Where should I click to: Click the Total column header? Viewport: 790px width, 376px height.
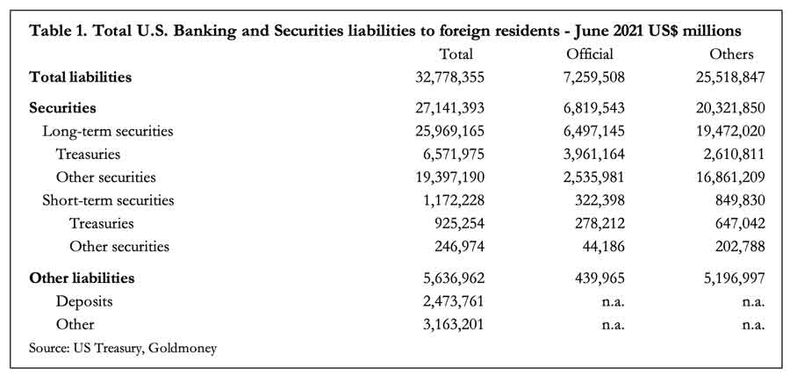[x=456, y=54]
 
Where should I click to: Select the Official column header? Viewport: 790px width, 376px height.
[x=590, y=54]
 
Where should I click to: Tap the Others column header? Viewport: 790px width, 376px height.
[x=731, y=54]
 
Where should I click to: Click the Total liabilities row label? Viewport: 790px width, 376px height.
[x=81, y=77]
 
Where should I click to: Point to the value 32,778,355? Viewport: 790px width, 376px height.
[x=450, y=77]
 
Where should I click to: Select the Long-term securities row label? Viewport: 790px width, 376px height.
[x=108, y=132]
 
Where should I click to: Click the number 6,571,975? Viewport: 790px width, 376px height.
[x=454, y=155]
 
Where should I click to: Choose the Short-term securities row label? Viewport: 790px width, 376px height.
[x=108, y=200]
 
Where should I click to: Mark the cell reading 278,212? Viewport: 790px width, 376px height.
[x=600, y=223]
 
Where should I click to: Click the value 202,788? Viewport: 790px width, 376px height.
[x=740, y=247]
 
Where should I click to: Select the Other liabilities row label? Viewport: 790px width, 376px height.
[x=83, y=278]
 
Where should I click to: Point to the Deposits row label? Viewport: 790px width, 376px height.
[x=84, y=302]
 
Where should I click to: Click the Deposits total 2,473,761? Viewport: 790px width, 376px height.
[x=454, y=301]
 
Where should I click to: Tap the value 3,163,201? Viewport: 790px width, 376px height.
[x=454, y=324]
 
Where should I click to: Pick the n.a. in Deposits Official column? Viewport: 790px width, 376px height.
[x=614, y=302]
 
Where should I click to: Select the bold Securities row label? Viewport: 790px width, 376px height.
[x=63, y=108]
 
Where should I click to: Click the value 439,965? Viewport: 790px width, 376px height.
[x=600, y=278]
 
